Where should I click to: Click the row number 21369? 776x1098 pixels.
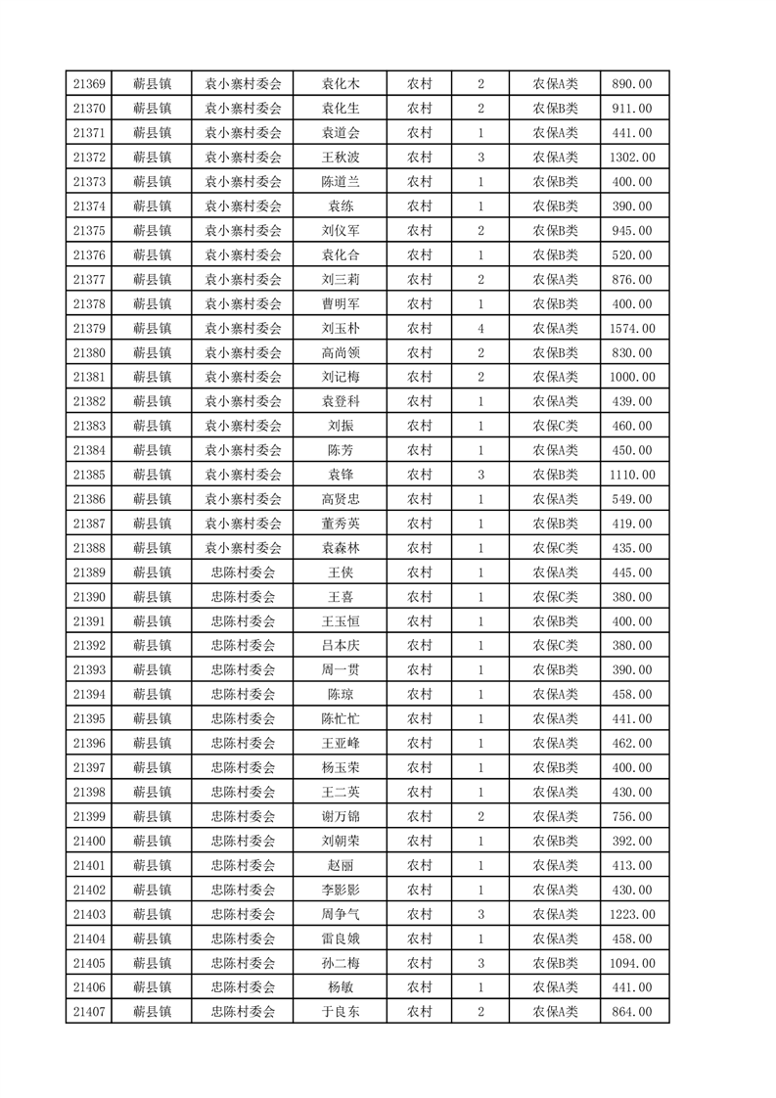tap(88, 84)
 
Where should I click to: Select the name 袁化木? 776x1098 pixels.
tap(341, 84)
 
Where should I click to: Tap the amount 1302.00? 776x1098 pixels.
tap(631, 158)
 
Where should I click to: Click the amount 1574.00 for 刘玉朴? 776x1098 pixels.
tap(631, 329)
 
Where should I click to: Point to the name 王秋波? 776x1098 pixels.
tap(341, 158)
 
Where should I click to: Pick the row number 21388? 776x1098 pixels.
tap(88, 548)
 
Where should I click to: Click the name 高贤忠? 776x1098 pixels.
tap(341, 499)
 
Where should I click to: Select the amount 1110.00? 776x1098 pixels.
tap(631, 475)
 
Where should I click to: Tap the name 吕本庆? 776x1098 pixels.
tap(341, 646)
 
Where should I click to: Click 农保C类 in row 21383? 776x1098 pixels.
tap(555, 426)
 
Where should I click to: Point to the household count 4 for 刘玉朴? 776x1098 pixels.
tap(480, 329)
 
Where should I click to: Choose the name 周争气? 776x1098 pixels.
tap(341, 914)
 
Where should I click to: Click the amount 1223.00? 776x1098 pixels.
tap(631, 914)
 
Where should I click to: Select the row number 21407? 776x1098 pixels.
tap(88, 1012)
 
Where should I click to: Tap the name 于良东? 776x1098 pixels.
tap(341, 1012)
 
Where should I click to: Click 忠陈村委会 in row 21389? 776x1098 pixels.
tap(244, 572)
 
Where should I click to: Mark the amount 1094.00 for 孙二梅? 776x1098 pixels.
tap(631, 963)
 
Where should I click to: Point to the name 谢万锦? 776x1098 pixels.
tap(341, 816)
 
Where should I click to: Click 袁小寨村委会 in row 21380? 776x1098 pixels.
tap(244, 353)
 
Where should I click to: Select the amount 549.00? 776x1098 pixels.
tap(631, 499)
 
